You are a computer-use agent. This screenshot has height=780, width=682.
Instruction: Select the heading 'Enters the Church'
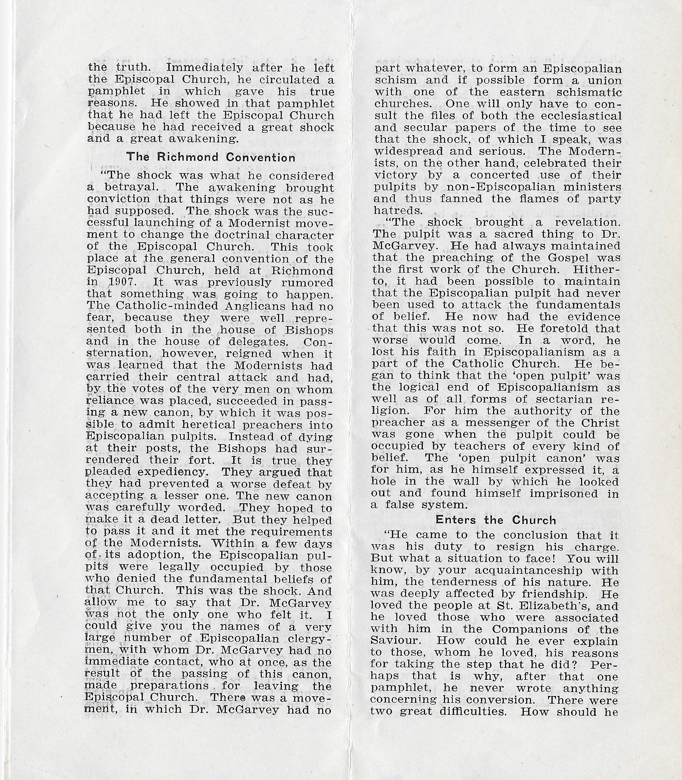point(496,520)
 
